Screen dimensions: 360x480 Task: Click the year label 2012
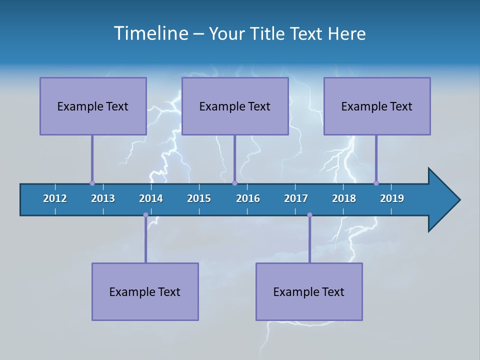coord(55,198)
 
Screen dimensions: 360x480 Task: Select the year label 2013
coord(103,198)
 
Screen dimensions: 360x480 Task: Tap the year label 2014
coord(151,198)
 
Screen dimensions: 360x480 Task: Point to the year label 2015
coord(199,198)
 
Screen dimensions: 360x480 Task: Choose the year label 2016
coord(248,198)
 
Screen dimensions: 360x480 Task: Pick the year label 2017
coord(296,198)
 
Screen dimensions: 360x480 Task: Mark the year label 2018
coord(344,198)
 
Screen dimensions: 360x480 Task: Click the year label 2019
coord(392,198)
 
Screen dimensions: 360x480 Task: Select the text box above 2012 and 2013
coord(93,106)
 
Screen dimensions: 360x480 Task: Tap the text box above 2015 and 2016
coord(235,106)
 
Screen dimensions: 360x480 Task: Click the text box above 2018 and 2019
coord(377,106)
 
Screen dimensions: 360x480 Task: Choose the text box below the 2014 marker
coord(145,291)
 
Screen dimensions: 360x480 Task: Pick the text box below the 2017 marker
coord(309,291)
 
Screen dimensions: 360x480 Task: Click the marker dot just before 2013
coord(92,183)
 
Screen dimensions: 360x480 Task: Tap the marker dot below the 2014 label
coord(145,215)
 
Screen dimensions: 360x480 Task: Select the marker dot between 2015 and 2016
coord(234,183)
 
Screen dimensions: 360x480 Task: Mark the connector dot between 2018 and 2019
coord(376,183)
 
